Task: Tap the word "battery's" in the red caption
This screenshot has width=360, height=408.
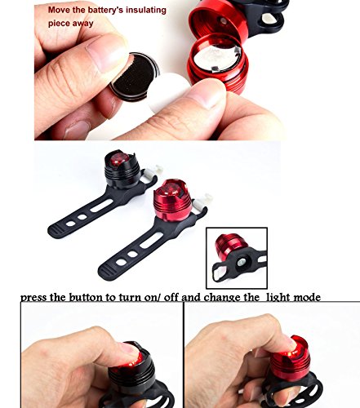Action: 106,10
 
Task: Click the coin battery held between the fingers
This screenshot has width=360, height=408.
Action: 134,75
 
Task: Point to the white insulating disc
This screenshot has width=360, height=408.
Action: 168,92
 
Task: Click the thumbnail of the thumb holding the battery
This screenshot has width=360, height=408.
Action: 105,53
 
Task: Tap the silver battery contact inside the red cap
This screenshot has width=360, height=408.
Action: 218,59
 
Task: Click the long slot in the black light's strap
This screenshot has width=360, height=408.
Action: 102,206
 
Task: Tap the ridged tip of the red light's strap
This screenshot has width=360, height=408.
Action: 105,272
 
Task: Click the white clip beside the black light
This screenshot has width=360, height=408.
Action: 152,172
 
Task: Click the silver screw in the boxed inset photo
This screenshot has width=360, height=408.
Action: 241,262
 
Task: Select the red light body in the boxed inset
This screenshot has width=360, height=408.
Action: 228,246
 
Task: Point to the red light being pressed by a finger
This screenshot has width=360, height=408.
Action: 289,360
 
